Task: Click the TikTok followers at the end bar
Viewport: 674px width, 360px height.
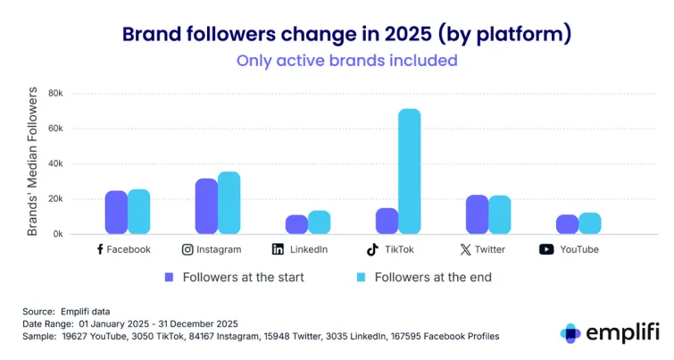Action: [410, 172]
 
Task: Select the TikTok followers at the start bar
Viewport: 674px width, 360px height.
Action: [387, 221]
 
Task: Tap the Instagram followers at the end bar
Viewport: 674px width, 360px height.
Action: [229, 203]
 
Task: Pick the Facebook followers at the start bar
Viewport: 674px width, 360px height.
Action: [116, 212]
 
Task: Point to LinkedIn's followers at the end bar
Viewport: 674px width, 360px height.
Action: [320, 222]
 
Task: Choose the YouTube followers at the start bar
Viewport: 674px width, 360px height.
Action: [567, 224]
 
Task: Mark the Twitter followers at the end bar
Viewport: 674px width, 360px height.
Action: [500, 214]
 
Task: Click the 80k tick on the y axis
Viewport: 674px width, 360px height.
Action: [55, 93]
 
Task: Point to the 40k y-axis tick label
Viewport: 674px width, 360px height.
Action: [55, 163]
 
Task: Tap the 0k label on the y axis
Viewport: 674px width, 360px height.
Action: [58, 234]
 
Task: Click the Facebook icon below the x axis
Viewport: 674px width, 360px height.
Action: [100, 249]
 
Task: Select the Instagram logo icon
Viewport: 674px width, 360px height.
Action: [187, 249]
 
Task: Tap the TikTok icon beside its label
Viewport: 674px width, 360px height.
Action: [372, 249]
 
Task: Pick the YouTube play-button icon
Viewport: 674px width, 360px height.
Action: [546, 249]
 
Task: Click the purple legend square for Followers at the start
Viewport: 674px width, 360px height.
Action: [169, 277]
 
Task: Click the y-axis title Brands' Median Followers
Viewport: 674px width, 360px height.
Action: [32, 162]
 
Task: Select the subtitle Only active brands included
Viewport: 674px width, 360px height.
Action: [346, 61]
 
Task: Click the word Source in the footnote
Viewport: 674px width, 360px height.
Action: [38, 310]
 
